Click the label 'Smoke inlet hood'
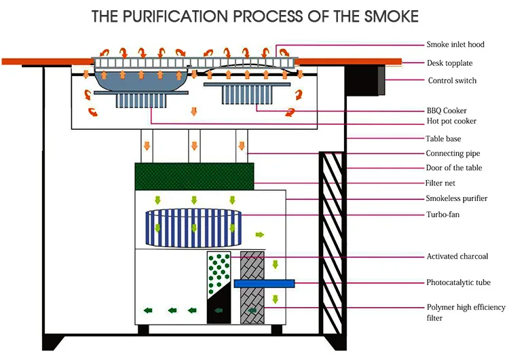455,45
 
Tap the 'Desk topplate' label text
449,63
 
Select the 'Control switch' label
452,81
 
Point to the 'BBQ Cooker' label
447,110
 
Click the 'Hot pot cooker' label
451,122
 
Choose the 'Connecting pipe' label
453,154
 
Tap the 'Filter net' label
442,183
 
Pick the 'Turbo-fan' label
444,215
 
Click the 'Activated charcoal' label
457,257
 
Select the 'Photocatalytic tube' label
458,283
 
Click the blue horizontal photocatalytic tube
264,283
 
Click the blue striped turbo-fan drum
194,228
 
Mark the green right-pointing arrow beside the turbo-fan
260,234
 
